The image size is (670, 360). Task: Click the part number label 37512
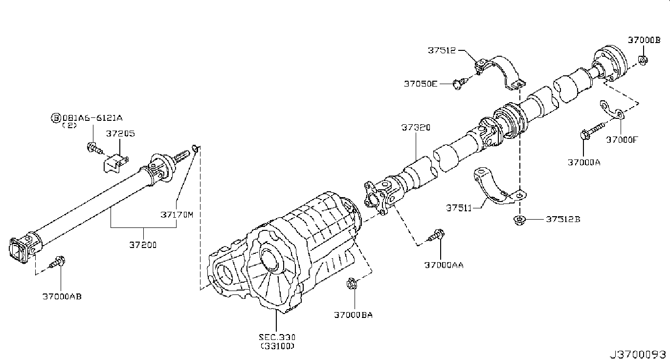point(442,50)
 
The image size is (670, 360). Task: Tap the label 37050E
point(420,84)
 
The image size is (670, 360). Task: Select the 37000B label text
point(644,41)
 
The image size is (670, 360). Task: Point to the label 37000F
point(622,139)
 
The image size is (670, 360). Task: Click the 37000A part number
point(583,162)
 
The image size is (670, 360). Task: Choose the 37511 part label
point(458,208)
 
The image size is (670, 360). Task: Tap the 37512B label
point(563,219)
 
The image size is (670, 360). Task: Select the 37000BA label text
point(353,315)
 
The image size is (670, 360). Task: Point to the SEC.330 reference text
point(277,337)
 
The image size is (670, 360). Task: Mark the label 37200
point(143,245)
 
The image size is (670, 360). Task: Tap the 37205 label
point(121,133)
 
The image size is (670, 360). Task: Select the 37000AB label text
point(62,296)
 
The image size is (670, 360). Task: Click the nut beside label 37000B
point(643,61)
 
